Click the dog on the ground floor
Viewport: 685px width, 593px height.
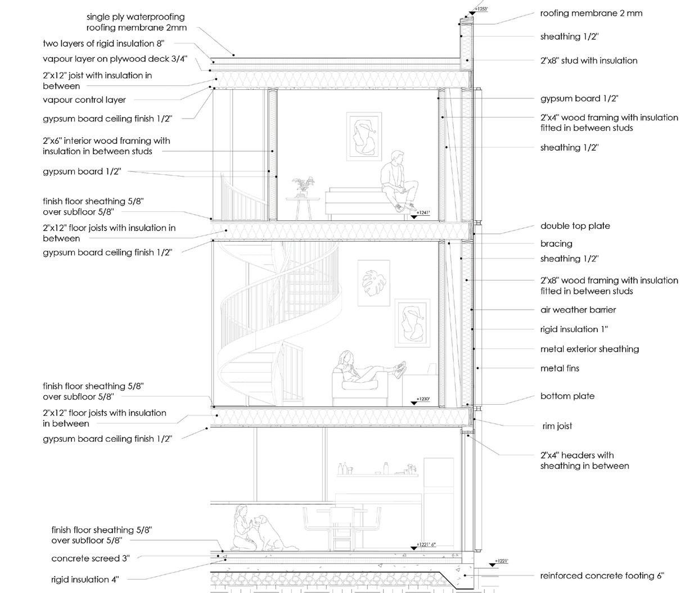click(271, 533)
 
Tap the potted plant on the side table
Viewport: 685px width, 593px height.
click(303, 186)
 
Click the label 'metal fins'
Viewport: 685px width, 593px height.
click(559, 368)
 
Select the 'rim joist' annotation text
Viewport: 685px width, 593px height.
click(556, 426)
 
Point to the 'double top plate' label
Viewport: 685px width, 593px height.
click(575, 226)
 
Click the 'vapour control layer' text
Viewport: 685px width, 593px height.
click(84, 100)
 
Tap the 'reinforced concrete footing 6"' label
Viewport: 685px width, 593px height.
click(602, 576)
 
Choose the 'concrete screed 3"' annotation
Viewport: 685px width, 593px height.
click(90, 559)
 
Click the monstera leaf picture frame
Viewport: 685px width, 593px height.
click(373, 283)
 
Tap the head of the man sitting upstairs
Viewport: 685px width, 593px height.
click(397, 156)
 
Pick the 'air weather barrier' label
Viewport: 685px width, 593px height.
click(578, 310)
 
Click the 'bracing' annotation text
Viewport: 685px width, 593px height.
click(556, 243)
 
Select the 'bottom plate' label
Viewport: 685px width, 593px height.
click(567, 396)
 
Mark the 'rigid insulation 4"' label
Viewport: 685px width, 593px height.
click(85, 580)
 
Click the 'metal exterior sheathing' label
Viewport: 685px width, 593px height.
click(589, 349)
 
